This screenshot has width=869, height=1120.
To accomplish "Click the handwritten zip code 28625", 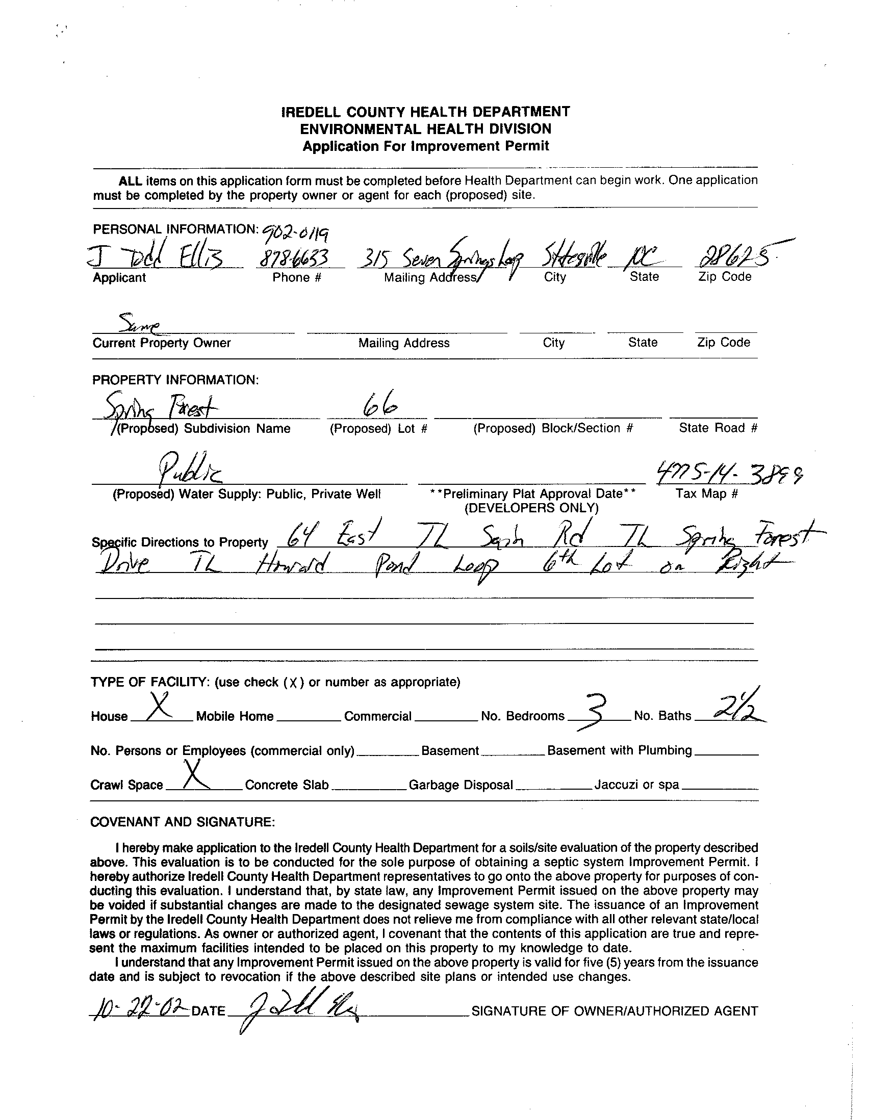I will [x=736, y=255].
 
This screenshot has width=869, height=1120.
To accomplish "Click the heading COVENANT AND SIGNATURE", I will [x=183, y=822].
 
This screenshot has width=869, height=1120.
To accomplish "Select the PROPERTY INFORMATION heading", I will [x=175, y=380].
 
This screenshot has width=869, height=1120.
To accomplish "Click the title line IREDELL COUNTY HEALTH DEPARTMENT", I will [x=426, y=112].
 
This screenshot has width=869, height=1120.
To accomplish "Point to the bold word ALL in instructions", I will [x=130, y=181].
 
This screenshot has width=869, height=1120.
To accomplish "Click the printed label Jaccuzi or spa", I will [x=636, y=785].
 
